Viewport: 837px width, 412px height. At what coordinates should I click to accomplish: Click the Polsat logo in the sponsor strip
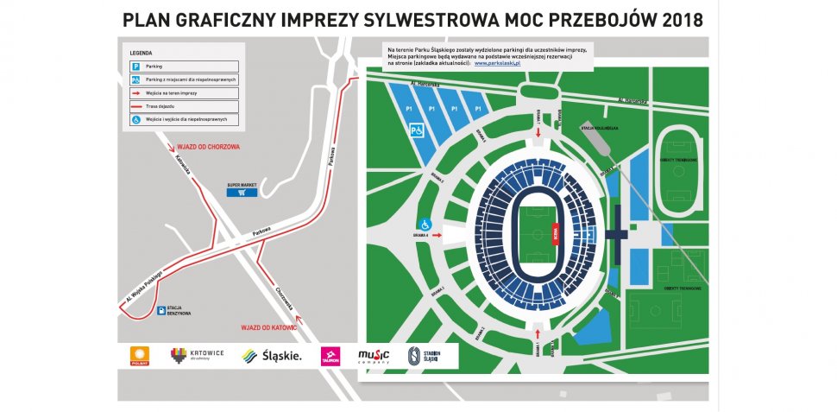(x=138, y=355)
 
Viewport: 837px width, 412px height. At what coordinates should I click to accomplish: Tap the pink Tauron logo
(x=330, y=355)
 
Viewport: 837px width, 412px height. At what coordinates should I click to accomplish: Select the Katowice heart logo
(x=179, y=354)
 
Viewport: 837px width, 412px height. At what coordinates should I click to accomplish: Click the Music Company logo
(x=374, y=355)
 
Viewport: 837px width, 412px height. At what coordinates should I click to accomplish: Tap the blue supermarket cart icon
(x=242, y=193)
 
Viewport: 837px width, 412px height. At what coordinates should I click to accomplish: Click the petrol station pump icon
(x=161, y=314)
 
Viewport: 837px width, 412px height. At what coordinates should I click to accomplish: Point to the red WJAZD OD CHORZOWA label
(x=208, y=147)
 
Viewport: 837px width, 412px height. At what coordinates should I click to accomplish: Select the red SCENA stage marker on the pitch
(x=556, y=232)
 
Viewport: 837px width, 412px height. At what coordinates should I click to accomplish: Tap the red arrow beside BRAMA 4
(x=437, y=234)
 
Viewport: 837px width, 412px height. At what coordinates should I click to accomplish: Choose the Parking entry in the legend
(x=148, y=66)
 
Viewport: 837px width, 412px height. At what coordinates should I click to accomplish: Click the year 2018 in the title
(x=682, y=19)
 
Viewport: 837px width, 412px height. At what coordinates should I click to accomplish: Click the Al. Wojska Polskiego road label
(x=144, y=286)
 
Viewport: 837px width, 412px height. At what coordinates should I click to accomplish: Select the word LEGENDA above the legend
(x=141, y=54)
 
